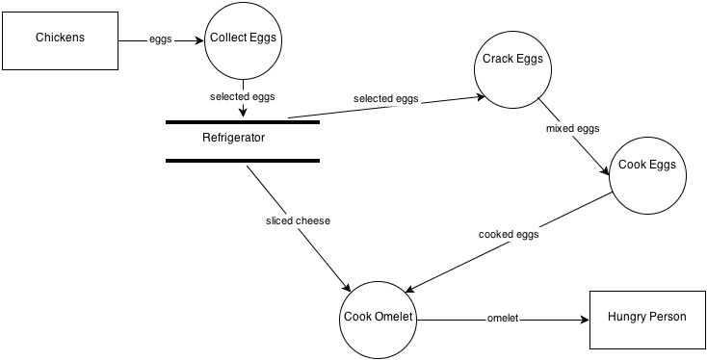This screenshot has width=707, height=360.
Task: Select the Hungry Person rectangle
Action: coord(647,317)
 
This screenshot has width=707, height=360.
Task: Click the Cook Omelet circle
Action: coord(378,317)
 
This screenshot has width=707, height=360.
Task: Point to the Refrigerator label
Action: coord(233,138)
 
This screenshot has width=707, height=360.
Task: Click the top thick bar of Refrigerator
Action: coord(242,122)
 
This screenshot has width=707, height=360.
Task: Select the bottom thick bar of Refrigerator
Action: coord(242,161)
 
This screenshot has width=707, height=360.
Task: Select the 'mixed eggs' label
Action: coord(573,126)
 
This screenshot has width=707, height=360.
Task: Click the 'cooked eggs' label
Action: coord(509,234)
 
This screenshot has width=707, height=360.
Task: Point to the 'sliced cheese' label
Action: coord(298,220)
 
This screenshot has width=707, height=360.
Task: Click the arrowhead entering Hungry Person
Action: coord(582,320)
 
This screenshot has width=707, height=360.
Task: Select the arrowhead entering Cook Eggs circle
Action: coord(607,170)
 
